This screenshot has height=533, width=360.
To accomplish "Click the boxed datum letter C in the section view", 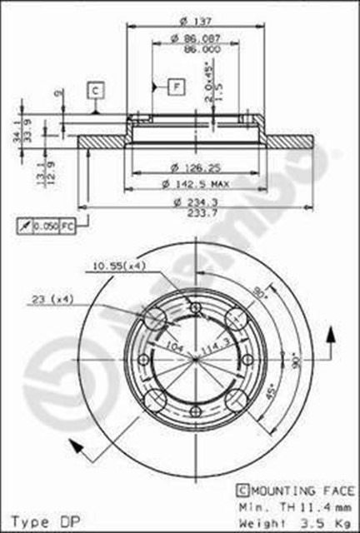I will (95, 89).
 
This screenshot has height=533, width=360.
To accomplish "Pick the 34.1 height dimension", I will (16, 130).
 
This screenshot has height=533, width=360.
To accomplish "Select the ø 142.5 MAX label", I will (197, 182).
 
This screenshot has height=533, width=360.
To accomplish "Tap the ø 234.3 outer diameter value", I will (197, 201).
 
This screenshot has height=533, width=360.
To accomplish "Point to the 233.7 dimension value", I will (197, 212).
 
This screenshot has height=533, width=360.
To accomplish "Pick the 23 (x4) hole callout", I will (52, 298).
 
